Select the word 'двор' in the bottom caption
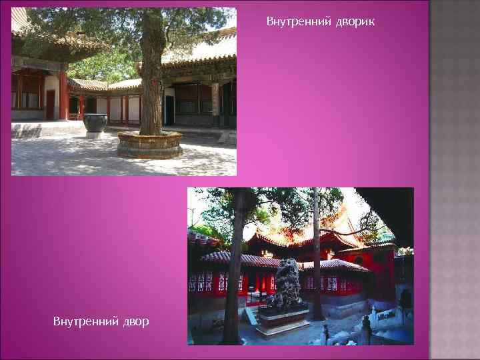click(136, 322)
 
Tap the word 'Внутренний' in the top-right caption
click(295, 22)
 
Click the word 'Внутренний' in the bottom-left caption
click(85, 322)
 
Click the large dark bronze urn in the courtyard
click(94, 123)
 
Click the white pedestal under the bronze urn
click(94, 135)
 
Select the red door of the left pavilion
click(51, 104)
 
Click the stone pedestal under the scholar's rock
click(283, 319)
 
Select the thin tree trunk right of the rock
click(317, 267)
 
